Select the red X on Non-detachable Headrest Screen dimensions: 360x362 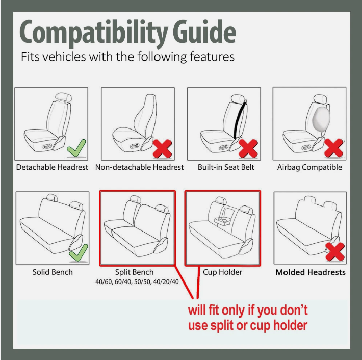click(x=163, y=148)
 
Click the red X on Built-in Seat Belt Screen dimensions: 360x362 click(x=249, y=148)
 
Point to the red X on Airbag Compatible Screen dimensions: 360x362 click(x=334, y=148)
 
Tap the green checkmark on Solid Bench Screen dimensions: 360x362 click(x=78, y=253)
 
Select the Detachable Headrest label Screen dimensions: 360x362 click(x=52, y=167)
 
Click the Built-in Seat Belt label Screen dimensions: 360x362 click(x=226, y=167)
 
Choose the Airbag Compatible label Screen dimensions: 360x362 click(x=309, y=167)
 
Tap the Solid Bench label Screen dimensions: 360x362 click(x=53, y=272)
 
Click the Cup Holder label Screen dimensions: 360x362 click(x=223, y=272)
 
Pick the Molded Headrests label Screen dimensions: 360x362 click(x=310, y=272)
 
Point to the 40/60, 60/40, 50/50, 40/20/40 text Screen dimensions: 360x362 click(x=137, y=282)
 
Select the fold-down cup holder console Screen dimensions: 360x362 click(x=223, y=220)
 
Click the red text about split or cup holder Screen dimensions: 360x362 click(x=248, y=318)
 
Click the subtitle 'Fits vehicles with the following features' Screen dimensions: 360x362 click(x=127, y=56)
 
